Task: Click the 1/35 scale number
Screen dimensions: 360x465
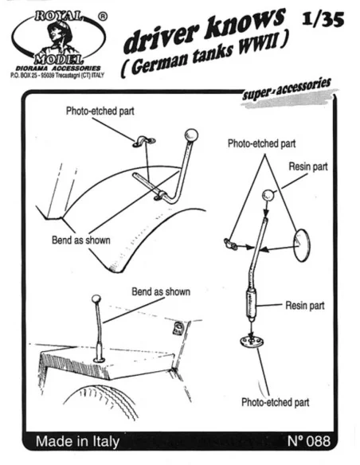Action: click(x=323, y=20)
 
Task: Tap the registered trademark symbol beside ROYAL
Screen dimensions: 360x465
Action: click(x=103, y=17)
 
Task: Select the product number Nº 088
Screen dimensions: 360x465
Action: click(x=309, y=441)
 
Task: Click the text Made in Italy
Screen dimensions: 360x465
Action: click(x=77, y=441)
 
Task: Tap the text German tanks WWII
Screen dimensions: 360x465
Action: click(x=205, y=56)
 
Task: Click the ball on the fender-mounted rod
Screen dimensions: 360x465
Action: click(x=191, y=135)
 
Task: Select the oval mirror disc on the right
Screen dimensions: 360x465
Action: click(x=301, y=244)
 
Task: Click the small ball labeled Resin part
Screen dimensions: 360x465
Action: click(x=268, y=195)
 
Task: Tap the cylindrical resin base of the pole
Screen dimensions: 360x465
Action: click(x=251, y=304)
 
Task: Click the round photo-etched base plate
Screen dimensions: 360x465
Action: click(x=252, y=341)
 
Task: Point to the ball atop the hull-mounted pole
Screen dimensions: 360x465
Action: click(x=96, y=299)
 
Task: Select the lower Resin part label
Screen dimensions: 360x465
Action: click(x=305, y=305)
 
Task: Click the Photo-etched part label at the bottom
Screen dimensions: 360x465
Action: click(x=276, y=402)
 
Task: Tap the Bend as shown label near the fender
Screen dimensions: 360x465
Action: click(x=81, y=240)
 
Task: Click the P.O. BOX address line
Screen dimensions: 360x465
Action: click(x=57, y=76)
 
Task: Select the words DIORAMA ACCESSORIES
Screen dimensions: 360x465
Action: click(x=58, y=68)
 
